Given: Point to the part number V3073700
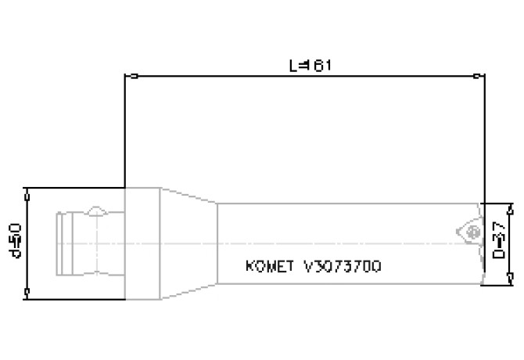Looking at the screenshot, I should (x=343, y=266).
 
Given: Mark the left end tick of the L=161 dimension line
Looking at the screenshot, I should (x=135, y=77).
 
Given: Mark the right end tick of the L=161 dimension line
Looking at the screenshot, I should (x=477, y=77).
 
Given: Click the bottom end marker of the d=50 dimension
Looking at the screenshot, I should (x=27, y=294).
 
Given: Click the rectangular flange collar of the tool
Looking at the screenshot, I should (x=142, y=243).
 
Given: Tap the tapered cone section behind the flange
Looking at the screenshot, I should (x=188, y=243).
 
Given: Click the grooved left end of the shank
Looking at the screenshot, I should (x=66, y=243).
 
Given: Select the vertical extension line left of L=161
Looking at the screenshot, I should (x=125, y=133).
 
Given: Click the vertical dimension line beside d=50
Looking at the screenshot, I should (x=27, y=243).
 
